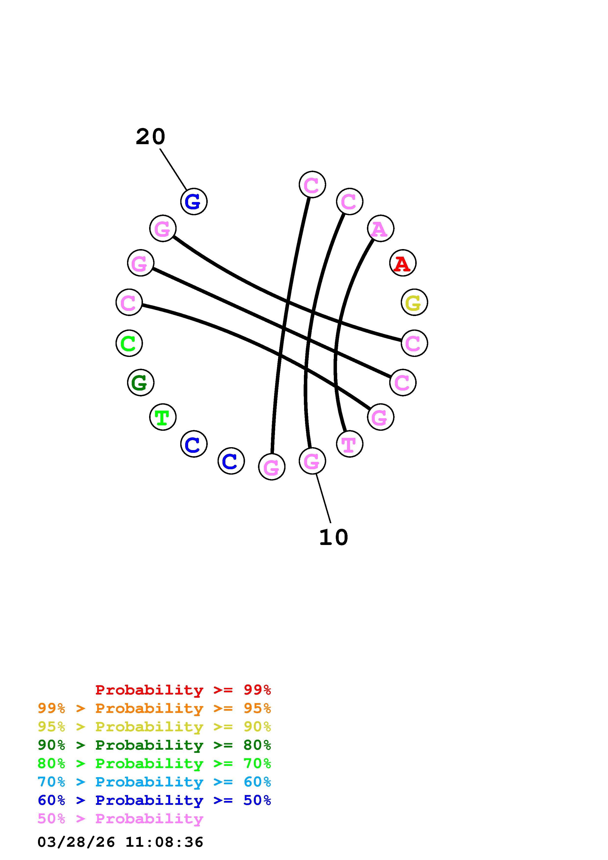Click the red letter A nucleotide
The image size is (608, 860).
[x=403, y=263]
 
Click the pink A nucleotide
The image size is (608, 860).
[x=380, y=228]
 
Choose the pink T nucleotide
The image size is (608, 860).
[x=349, y=444]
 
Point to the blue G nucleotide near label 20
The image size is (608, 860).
[x=194, y=202]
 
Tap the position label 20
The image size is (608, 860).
[x=150, y=137]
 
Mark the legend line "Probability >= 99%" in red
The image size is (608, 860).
[x=183, y=690]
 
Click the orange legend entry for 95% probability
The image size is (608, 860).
[x=154, y=708]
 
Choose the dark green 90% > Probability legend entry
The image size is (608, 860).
[x=154, y=745]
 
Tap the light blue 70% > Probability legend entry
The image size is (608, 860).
[x=154, y=782]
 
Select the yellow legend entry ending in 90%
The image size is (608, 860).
[x=154, y=727]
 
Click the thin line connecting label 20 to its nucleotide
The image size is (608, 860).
[x=173, y=169]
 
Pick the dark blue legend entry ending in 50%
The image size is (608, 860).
[x=154, y=800]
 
